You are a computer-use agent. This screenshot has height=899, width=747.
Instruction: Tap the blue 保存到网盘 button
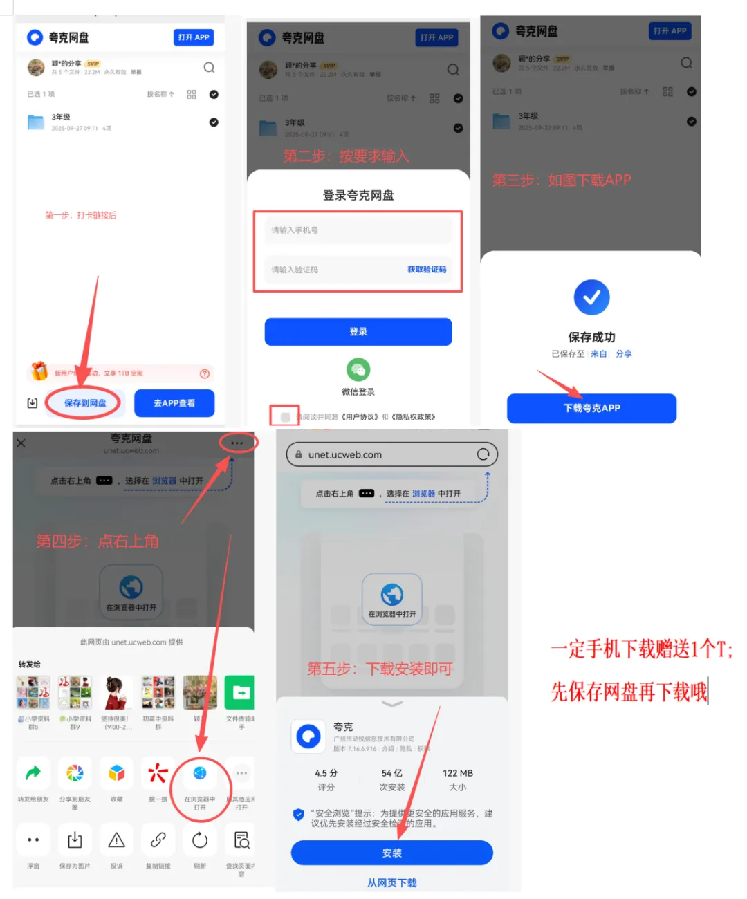click(x=85, y=403)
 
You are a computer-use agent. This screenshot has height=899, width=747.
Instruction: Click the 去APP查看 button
click(x=174, y=403)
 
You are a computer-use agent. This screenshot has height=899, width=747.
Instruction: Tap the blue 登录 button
click(x=358, y=332)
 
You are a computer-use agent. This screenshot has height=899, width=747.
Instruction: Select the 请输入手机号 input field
click(x=358, y=230)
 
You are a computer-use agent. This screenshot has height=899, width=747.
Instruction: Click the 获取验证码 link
click(x=427, y=270)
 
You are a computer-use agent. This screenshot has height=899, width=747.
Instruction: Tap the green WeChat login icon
click(x=358, y=370)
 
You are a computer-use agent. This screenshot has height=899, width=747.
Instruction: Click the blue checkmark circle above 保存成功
click(x=591, y=297)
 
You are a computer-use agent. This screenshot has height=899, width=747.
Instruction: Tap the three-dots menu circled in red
click(x=237, y=443)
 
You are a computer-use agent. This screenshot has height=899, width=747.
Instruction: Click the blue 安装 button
click(x=391, y=853)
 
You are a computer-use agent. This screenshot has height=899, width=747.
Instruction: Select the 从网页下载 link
click(x=391, y=883)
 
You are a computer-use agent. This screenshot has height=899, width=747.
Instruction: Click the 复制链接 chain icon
click(x=158, y=840)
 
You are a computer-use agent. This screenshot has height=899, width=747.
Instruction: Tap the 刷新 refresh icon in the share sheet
click(x=200, y=840)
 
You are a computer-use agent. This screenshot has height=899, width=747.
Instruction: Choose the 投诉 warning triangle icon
click(x=117, y=840)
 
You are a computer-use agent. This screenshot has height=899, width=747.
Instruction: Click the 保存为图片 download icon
click(x=75, y=840)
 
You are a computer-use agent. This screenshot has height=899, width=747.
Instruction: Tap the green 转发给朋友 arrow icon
click(x=33, y=773)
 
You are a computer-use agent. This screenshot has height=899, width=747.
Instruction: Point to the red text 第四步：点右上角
click(x=98, y=541)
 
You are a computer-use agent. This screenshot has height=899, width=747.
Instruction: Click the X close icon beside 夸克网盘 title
click(x=21, y=443)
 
